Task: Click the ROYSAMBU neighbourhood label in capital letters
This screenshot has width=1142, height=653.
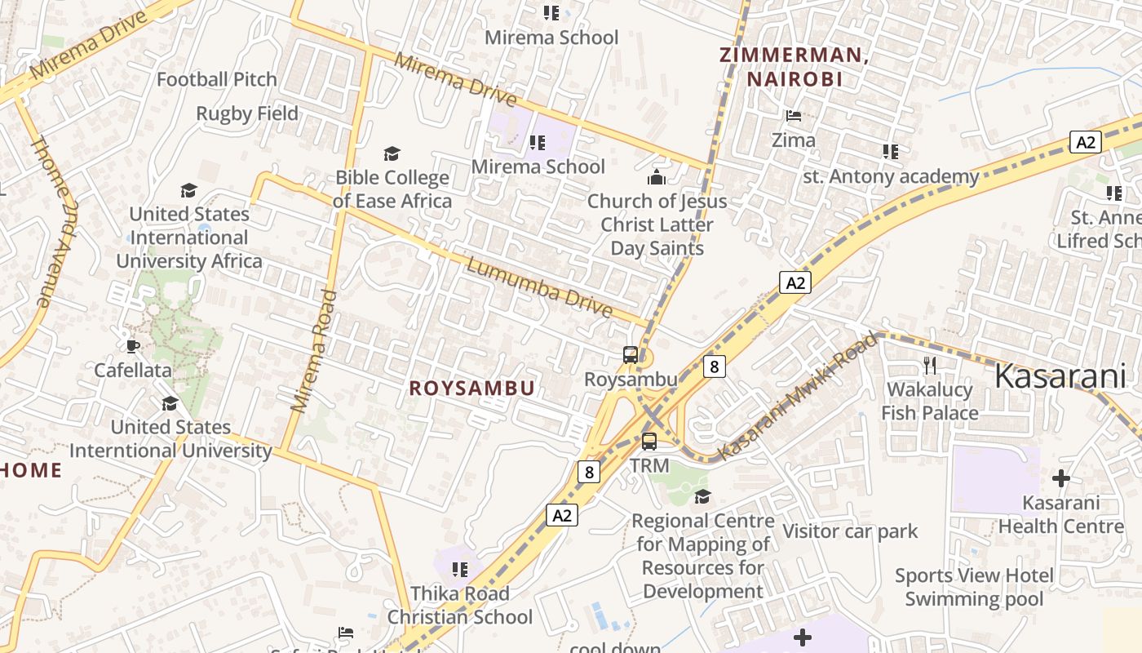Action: pyautogui.click(x=471, y=389)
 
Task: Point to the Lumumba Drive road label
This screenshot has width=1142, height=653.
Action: pyautogui.click(x=539, y=287)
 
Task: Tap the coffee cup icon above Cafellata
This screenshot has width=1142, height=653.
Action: pyautogui.click(x=133, y=346)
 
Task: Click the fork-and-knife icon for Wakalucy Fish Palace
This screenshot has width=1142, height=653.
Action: pyautogui.click(x=929, y=364)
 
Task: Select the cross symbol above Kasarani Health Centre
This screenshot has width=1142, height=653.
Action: pyautogui.click(x=1061, y=478)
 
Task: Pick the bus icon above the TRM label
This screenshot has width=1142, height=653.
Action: pyautogui.click(x=649, y=442)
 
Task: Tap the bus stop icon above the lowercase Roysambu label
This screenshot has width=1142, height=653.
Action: pyautogui.click(x=631, y=355)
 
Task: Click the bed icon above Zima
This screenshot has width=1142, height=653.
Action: pyautogui.click(x=794, y=116)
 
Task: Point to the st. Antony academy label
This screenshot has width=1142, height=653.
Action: pyautogui.click(x=891, y=176)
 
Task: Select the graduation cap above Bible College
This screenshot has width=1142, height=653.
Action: pyautogui.click(x=392, y=153)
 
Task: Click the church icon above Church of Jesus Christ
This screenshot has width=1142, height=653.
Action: pyautogui.click(x=657, y=176)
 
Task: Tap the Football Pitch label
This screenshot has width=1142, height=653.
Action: pyautogui.click(x=217, y=79)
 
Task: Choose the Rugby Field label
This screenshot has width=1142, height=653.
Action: pyautogui.click(x=247, y=113)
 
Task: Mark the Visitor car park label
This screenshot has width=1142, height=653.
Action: pyautogui.click(x=850, y=531)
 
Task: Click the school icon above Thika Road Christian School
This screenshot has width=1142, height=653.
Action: pyautogui.click(x=459, y=569)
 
